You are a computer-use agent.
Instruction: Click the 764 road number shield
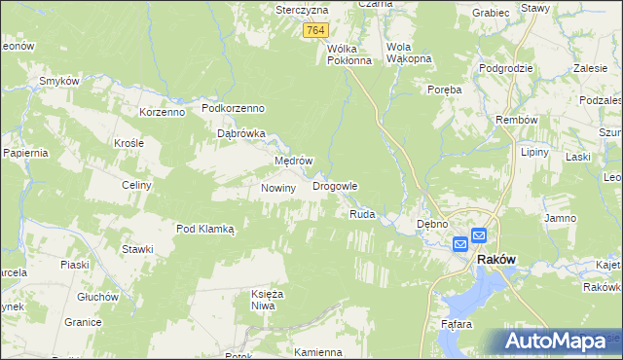314,31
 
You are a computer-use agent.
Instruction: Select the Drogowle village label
335,185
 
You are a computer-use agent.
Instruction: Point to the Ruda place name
362,214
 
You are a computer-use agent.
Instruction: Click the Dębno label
431,224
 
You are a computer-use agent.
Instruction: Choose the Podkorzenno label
234,109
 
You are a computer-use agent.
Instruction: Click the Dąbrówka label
240,134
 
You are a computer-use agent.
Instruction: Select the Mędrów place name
292,161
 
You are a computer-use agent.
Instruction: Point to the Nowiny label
277,188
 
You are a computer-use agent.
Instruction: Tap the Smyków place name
58,81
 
